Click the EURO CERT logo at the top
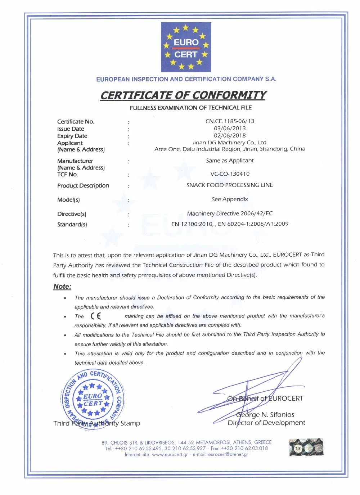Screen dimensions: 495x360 186,47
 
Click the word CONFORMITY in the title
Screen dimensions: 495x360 229,95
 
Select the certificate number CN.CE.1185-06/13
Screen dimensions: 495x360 230,121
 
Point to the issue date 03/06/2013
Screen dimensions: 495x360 230,129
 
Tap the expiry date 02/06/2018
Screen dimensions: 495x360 230,136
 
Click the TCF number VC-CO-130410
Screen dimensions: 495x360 230,174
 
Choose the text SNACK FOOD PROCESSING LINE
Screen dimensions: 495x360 230,185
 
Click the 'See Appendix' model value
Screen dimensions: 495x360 230,199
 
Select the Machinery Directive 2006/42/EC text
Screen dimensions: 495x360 230,213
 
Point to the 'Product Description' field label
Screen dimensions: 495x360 83,186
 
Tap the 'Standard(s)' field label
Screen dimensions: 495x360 72,225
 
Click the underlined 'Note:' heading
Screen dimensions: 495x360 62,287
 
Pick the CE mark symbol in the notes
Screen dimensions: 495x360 96,316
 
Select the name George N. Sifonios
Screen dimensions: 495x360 265,415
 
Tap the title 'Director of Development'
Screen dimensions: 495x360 266,423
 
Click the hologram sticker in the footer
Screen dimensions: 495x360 306,447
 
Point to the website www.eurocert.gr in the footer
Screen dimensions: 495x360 170,455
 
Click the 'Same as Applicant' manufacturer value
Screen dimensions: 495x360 230,161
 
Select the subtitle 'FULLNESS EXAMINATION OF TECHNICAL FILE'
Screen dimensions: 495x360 191,108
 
